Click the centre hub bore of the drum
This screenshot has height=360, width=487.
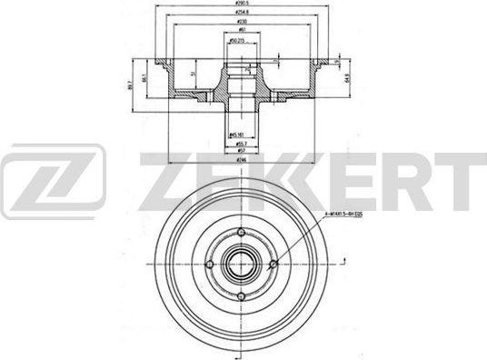241,267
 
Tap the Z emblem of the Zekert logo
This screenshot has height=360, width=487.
53,181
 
